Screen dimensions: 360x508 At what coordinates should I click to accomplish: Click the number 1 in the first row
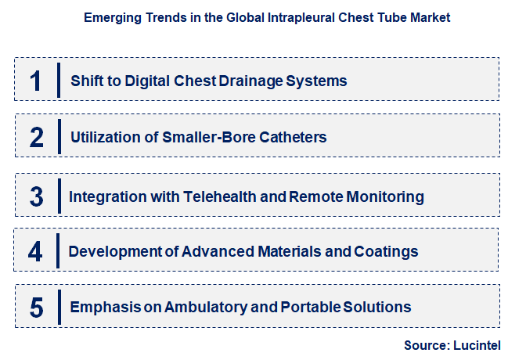(36, 80)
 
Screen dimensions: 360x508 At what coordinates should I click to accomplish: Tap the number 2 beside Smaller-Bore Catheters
(36, 137)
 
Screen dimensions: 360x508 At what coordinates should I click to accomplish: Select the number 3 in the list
(36, 196)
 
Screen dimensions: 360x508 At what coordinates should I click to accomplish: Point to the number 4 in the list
(36, 251)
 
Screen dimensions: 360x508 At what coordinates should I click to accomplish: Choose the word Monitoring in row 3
(387, 196)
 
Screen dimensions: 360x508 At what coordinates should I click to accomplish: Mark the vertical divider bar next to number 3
(59, 196)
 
